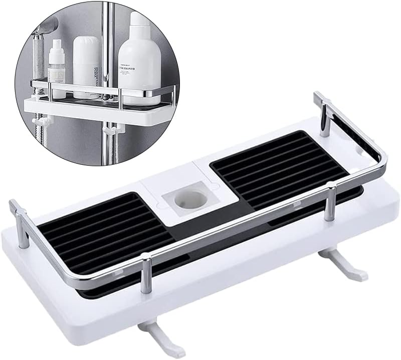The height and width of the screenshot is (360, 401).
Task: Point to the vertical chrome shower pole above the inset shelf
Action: coord(107,30)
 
